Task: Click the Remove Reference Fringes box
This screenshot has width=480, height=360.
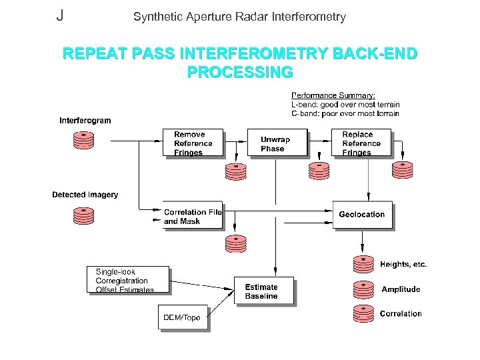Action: click(193, 143)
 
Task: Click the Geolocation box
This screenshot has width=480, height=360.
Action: click(362, 215)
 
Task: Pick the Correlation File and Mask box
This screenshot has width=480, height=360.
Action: click(193, 216)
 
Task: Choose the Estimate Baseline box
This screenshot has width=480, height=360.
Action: click(264, 291)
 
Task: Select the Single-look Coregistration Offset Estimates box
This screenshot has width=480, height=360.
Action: click(128, 281)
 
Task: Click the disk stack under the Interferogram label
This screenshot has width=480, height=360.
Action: click(84, 140)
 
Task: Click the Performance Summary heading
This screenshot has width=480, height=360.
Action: click(328, 95)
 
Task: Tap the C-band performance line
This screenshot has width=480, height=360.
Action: click(345, 113)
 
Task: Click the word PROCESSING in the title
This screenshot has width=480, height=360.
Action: click(240, 70)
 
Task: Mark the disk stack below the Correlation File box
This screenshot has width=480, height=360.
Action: click(235, 245)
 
